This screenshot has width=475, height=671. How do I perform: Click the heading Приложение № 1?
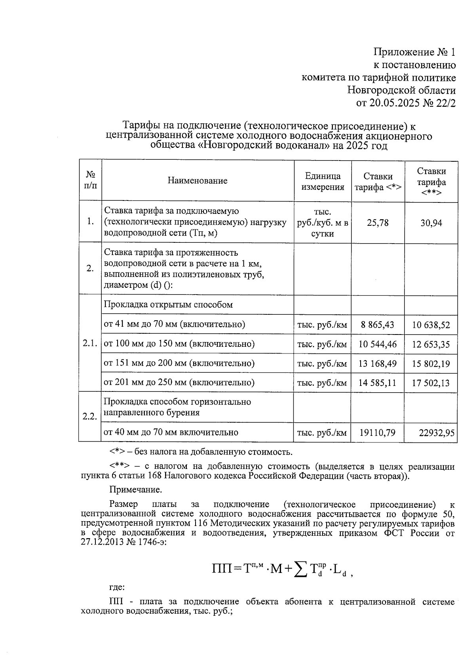(414, 52)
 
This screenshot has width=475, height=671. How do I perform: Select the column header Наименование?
(198, 181)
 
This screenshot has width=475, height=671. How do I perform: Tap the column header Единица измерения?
(323, 181)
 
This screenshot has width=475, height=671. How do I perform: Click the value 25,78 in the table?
(378, 223)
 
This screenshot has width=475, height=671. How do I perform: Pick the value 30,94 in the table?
(431, 223)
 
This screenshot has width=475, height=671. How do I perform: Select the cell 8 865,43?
(377, 325)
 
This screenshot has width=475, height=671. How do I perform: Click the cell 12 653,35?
(431, 344)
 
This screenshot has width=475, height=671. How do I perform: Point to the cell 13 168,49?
(377, 363)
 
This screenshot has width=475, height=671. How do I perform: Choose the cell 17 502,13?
(431, 383)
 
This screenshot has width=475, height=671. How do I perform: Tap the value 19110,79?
(377, 433)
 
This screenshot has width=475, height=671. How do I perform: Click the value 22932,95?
(437, 433)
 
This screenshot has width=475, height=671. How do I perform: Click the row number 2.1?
(90, 344)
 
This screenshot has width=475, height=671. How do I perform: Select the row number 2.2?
(90, 416)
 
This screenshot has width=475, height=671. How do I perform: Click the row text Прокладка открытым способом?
(168, 305)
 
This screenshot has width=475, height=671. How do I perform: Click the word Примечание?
(136, 490)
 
